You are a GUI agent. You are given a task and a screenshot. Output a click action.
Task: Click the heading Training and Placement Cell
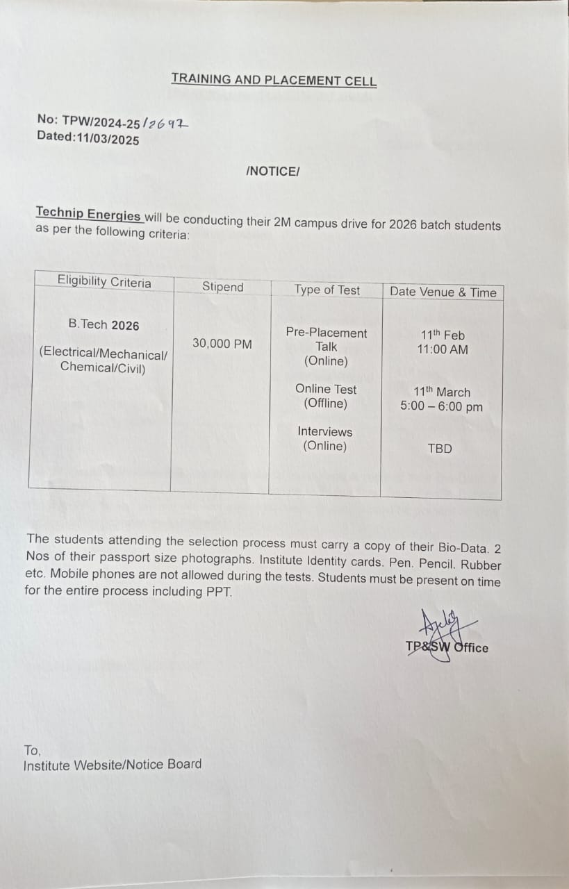pos(274,80)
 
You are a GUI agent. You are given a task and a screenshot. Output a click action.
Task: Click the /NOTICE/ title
pos(273,171)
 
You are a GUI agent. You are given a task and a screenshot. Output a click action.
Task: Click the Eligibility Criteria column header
pos(104,282)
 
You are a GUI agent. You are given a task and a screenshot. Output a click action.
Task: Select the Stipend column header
pos(223,287)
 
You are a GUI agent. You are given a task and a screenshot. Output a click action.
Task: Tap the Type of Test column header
pos(327,290)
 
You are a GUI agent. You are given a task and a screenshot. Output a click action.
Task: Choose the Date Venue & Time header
pos(443,292)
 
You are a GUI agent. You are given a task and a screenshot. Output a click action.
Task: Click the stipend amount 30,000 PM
pos(222,343)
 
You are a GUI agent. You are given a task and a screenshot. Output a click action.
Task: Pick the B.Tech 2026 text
pos(104,325)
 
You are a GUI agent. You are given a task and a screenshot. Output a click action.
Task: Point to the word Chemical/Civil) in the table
pos(103,368)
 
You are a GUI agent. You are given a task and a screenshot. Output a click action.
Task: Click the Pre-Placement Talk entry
pos(327,340)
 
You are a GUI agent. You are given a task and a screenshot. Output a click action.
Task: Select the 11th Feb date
pos(443,335)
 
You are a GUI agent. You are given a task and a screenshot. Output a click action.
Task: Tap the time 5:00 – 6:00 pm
pos(441,407)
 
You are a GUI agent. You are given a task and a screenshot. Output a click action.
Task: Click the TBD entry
pos(440,449)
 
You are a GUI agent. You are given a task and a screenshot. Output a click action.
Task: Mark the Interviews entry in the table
pos(325,432)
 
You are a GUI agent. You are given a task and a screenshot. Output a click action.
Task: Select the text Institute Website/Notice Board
pos(113,764)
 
